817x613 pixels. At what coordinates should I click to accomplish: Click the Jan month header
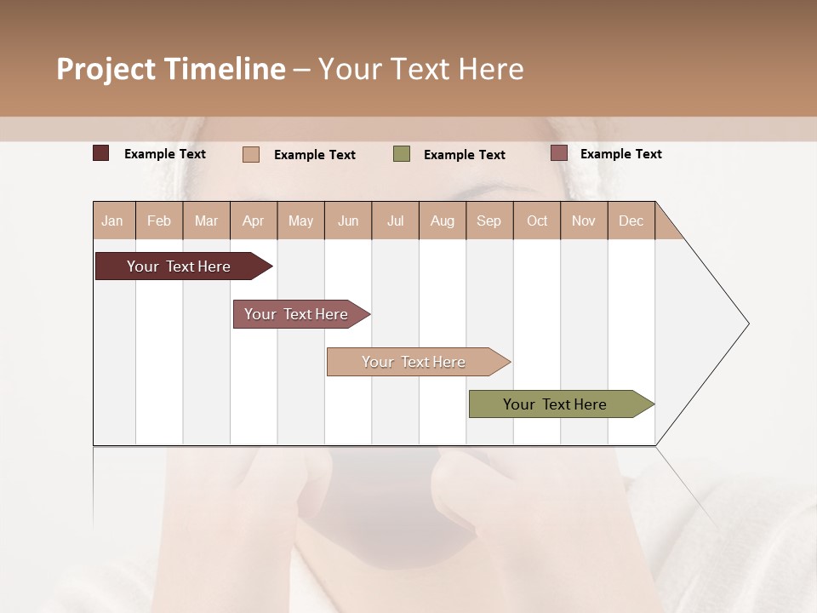click(x=113, y=221)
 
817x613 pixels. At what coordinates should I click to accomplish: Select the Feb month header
click(x=159, y=221)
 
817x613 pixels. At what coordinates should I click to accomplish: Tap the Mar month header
click(x=206, y=221)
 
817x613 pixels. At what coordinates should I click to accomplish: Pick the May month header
click(x=300, y=221)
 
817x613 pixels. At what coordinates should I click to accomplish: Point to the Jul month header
click(x=395, y=221)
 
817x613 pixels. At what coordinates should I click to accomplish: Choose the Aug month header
click(x=442, y=221)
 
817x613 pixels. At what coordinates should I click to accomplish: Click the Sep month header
click(x=488, y=221)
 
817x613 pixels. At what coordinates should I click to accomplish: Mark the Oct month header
click(x=537, y=221)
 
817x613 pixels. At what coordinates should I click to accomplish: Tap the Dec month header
click(x=631, y=221)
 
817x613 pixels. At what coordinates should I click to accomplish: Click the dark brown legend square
click(x=101, y=153)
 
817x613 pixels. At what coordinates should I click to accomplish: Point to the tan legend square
click(x=251, y=154)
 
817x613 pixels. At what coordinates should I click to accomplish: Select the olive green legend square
click(x=402, y=154)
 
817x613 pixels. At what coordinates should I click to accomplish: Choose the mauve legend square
click(x=559, y=153)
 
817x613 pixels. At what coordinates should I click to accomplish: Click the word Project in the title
click(x=107, y=69)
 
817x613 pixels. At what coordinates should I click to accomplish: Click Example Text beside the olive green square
click(x=464, y=155)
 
